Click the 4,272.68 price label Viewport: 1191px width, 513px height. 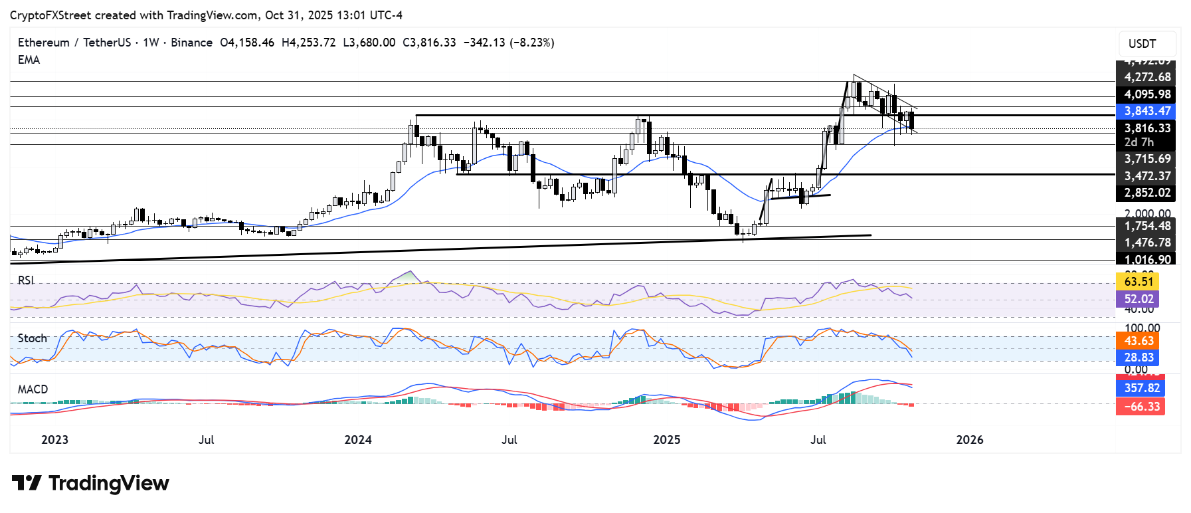pos(1147,77)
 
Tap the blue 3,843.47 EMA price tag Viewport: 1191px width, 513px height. pos(1147,111)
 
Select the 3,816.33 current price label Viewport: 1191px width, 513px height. pos(1147,128)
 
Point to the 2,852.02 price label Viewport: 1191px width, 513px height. pos(1147,193)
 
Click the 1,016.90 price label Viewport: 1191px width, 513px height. pos(1147,259)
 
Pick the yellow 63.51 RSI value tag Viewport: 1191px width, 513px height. pos(1138,281)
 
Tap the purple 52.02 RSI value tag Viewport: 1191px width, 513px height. pos(1138,299)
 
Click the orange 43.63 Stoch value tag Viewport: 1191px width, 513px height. pos(1138,340)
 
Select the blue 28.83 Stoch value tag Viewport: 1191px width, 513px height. pos(1138,358)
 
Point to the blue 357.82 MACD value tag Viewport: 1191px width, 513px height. pos(1141,387)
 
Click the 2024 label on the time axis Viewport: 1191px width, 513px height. pos(358,439)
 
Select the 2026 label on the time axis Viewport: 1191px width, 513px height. pos(969,439)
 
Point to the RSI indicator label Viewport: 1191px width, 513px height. pos(26,280)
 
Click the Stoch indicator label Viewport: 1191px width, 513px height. pos(33,338)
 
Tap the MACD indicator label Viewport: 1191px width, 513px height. pos(33,389)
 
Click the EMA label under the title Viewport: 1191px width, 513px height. pos(29,60)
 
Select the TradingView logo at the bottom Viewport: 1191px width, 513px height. pos(90,483)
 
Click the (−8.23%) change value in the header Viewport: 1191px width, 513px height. pos(531,43)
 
